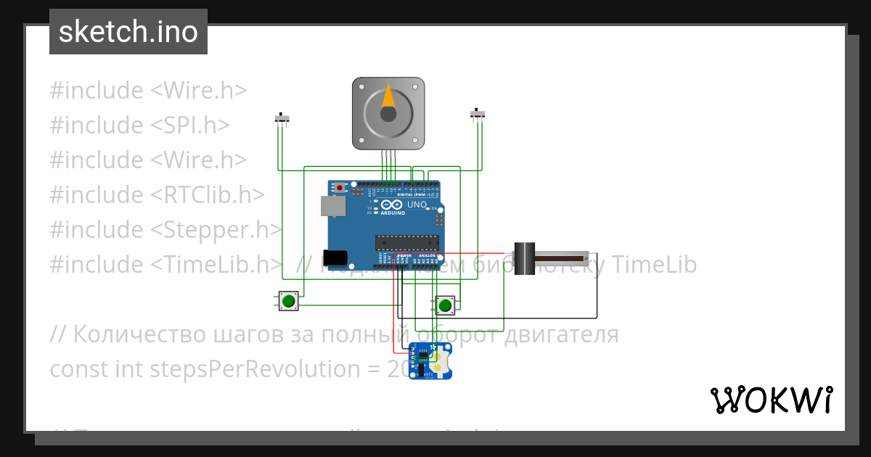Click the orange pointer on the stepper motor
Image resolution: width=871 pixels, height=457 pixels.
tap(388, 98)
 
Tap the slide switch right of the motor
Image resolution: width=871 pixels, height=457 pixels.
tap(478, 114)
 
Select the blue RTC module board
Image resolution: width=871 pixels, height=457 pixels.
tap(430, 361)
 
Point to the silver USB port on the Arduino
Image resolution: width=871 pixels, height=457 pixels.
tap(333, 207)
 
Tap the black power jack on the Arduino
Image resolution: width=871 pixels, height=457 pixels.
tap(335, 257)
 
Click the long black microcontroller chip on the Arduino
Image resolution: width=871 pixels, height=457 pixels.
tap(406, 242)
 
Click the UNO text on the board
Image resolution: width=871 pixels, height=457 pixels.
tap(417, 205)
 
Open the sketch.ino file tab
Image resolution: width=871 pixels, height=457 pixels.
tap(128, 32)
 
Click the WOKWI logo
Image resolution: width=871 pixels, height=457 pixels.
tap(771, 400)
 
